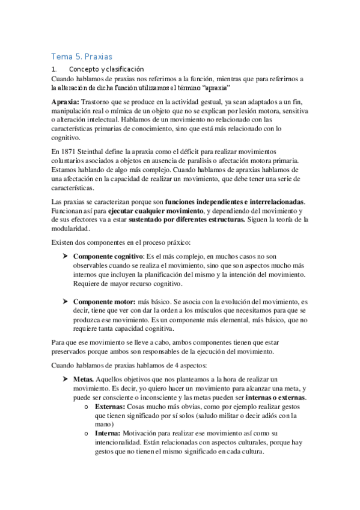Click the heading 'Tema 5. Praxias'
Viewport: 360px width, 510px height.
click(82, 57)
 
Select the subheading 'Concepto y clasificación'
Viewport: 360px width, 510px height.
click(106, 69)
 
